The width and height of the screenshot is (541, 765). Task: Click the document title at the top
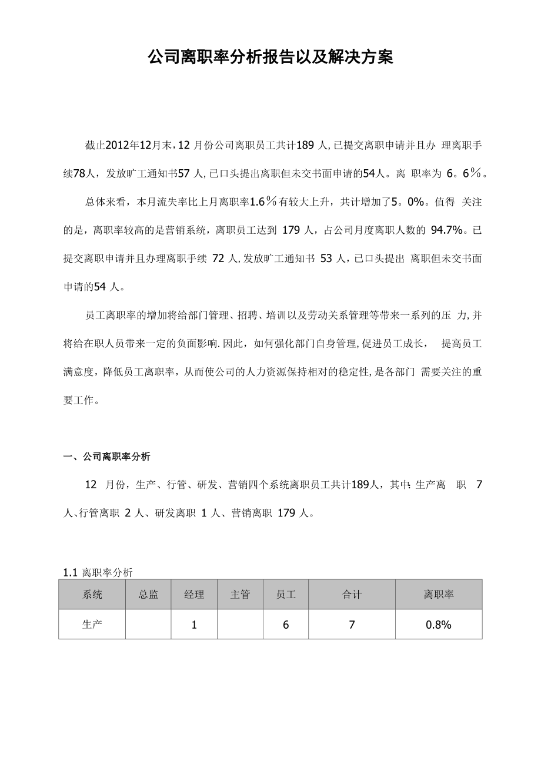pos(270,57)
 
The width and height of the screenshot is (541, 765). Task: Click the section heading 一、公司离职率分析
pos(106,456)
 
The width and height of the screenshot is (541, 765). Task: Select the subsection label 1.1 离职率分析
pos(98,572)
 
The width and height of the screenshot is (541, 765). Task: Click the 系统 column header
pos(92,595)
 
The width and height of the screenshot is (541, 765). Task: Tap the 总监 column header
pos(148,595)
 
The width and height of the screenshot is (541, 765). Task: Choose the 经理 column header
pos(194,595)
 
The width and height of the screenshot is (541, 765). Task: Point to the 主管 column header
pos(240,595)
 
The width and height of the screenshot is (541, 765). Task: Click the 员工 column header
pos(286,595)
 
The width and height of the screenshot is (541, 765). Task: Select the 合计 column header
pos(352,595)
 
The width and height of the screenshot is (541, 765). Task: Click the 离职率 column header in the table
pos(439,595)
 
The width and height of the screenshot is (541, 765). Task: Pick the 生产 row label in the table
pos(92,625)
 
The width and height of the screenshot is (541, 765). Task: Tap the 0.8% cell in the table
pos(439,625)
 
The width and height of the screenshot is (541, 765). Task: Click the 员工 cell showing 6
pos(286,625)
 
